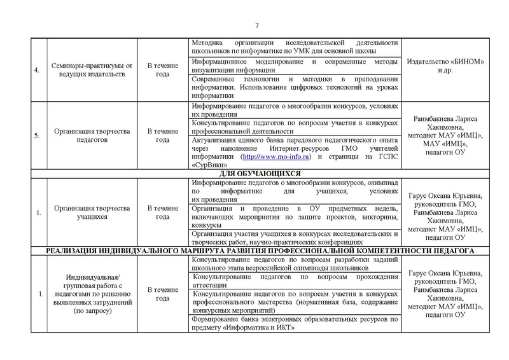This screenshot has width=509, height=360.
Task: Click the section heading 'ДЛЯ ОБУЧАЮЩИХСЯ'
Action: coord(254,172)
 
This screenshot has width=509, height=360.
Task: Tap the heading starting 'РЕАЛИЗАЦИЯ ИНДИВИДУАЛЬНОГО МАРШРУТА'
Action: coord(254,251)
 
